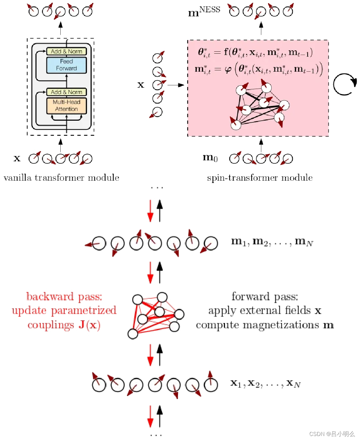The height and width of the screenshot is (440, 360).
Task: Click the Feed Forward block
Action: (x=66, y=65)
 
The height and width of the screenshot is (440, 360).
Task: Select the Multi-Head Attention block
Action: (x=66, y=106)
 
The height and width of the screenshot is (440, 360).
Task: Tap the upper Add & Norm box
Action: (x=66, y=51)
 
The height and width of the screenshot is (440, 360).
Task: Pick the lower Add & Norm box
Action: (x=66, y=92)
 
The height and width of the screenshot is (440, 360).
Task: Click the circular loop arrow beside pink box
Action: (x=345, y=84)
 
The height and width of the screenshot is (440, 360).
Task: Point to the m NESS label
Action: (x=204, y=12)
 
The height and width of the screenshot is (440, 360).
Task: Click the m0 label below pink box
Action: (x=210, y=157)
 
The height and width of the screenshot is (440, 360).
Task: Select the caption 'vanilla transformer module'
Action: (x=61, y=178)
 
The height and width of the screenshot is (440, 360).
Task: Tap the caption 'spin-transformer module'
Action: (x=260, y=178)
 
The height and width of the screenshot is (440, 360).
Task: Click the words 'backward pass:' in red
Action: (x=64, y=296)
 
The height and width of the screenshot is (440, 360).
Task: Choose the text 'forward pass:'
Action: (x=265, y=296)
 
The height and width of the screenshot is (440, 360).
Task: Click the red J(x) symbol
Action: (x=89, y=325)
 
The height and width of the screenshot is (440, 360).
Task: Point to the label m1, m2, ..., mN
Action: (x=272, y=242)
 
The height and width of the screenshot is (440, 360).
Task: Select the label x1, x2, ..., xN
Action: (x=265, y=384)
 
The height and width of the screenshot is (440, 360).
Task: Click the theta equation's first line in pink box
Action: (x=255, y=52)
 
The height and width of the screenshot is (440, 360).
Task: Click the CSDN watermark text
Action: (x=332, y=434)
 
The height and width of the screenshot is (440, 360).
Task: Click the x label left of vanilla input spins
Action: (x=17, y=158)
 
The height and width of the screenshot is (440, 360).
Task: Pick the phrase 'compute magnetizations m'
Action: (x=265, y=325)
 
